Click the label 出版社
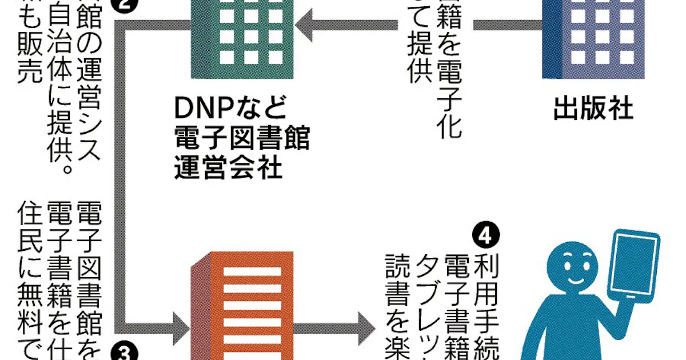(x=593, y=110)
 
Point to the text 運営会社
(x=229, y=169)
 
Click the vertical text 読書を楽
(x=395, y=303)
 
